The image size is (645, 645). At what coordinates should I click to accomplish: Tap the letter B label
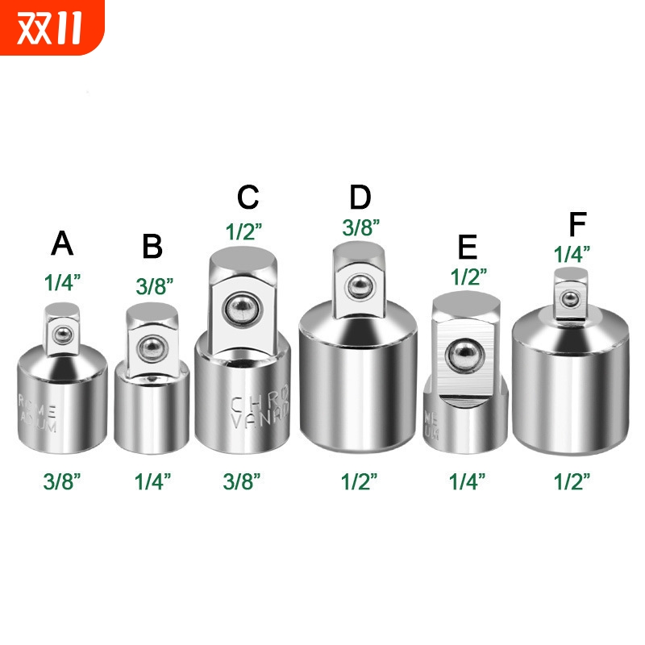pyautogui.click(x=152, y=247)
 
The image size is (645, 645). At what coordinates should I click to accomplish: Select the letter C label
pyautogui.click(x=248, y=198)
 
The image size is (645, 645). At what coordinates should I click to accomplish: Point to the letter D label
pyautogui.click(x=360, y=198)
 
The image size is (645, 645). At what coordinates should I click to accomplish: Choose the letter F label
pyautogui.click(x=577, y=226)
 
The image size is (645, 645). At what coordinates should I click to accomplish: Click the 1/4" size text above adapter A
pyautogui.click(x=62, y=284)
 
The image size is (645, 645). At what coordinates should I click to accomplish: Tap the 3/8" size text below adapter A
pyautogui.click(x=62, y=481)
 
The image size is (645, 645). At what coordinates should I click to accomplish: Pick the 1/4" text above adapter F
pyautogui.click(x=572, y=253)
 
